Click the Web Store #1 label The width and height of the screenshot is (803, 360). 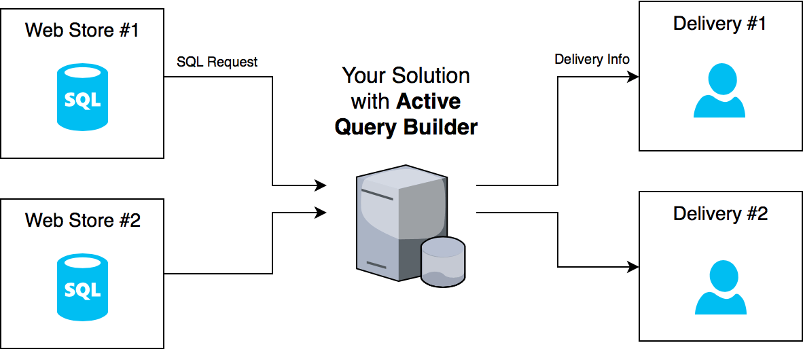click(82, 31)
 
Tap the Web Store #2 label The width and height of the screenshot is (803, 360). click(82, 220)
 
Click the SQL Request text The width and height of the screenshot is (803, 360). click(217, 62)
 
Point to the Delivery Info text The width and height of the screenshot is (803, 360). click(592, 59)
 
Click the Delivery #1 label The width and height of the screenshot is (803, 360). click(720, 24)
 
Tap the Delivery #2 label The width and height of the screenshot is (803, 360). click(720, 214)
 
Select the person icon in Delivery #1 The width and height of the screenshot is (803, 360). click(720, 92)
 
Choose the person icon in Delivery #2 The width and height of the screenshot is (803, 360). click(720, 288)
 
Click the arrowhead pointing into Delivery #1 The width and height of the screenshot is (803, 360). click(633, 77)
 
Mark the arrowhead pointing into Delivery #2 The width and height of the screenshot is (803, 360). click(633, 267)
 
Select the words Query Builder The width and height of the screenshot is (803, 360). click(406, 126)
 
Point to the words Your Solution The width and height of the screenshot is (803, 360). click(406, 75)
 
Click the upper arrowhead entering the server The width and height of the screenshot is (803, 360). click(321, 185)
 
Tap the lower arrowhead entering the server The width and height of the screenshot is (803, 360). click(321, 213)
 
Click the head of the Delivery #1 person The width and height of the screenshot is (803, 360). click(720, 79)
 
